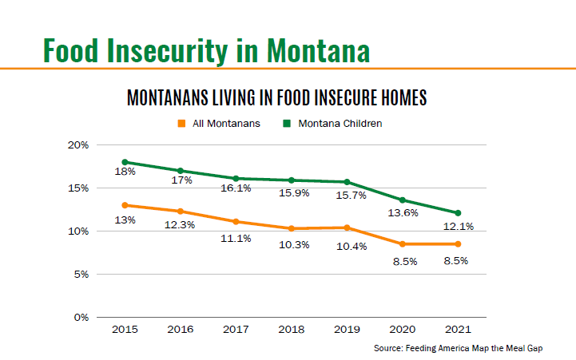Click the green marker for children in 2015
125,162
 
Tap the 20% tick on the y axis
78,145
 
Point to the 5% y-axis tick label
81,275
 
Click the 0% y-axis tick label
81,318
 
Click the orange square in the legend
181,124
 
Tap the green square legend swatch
287,124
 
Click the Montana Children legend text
340,124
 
